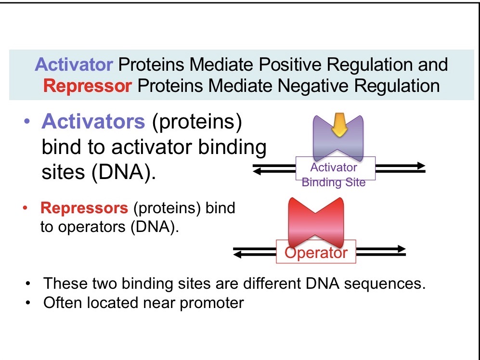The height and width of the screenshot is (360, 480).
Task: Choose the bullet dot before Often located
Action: tap(29, 304)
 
